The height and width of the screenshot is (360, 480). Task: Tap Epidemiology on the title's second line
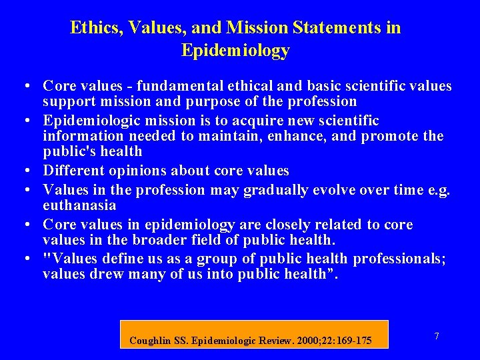pyautogui.click(x=235, y=51)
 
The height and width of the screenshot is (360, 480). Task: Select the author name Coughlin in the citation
pyautogui.click(x=151, y=341)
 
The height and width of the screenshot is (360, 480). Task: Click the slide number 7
pyautogui.click(x=436, y=337)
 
